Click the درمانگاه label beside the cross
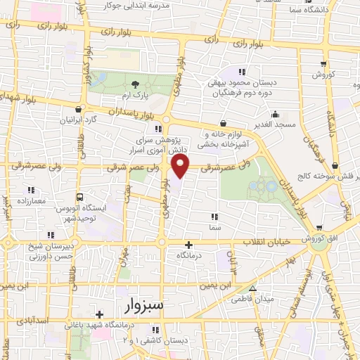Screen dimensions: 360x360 point(189,256)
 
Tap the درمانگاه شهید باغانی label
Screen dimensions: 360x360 point(99,325)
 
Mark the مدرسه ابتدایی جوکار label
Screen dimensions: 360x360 point(148,6)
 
